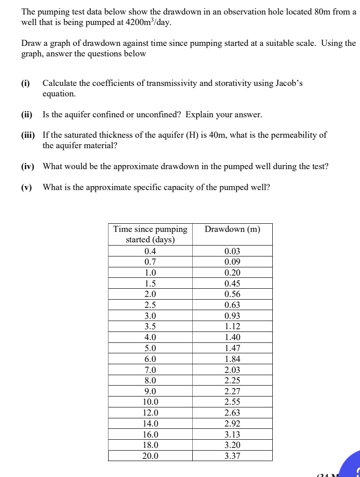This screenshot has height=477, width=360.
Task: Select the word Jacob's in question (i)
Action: pos(288,83)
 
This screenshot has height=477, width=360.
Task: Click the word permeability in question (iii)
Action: pos(295,135)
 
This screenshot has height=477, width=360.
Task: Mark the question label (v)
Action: pos(27,187)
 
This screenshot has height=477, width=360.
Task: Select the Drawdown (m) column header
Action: pos(232,229)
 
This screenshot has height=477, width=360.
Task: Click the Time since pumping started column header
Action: pos(150,234)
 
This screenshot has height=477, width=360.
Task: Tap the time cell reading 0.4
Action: pos(150,251)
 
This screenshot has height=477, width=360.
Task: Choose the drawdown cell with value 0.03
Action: pos(232,251)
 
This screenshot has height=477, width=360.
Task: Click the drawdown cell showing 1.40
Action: pos(232,337)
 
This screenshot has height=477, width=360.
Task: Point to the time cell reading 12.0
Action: pos(150,413)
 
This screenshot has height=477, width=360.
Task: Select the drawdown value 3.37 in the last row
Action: pos(232,456)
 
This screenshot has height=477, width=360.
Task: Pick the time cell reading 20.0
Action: pos(150,456)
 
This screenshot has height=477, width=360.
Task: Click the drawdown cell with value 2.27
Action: pos(232,392)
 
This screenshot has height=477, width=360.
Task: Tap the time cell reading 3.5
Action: pos(150,326)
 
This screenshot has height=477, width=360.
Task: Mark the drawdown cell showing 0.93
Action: pos(232,316)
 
